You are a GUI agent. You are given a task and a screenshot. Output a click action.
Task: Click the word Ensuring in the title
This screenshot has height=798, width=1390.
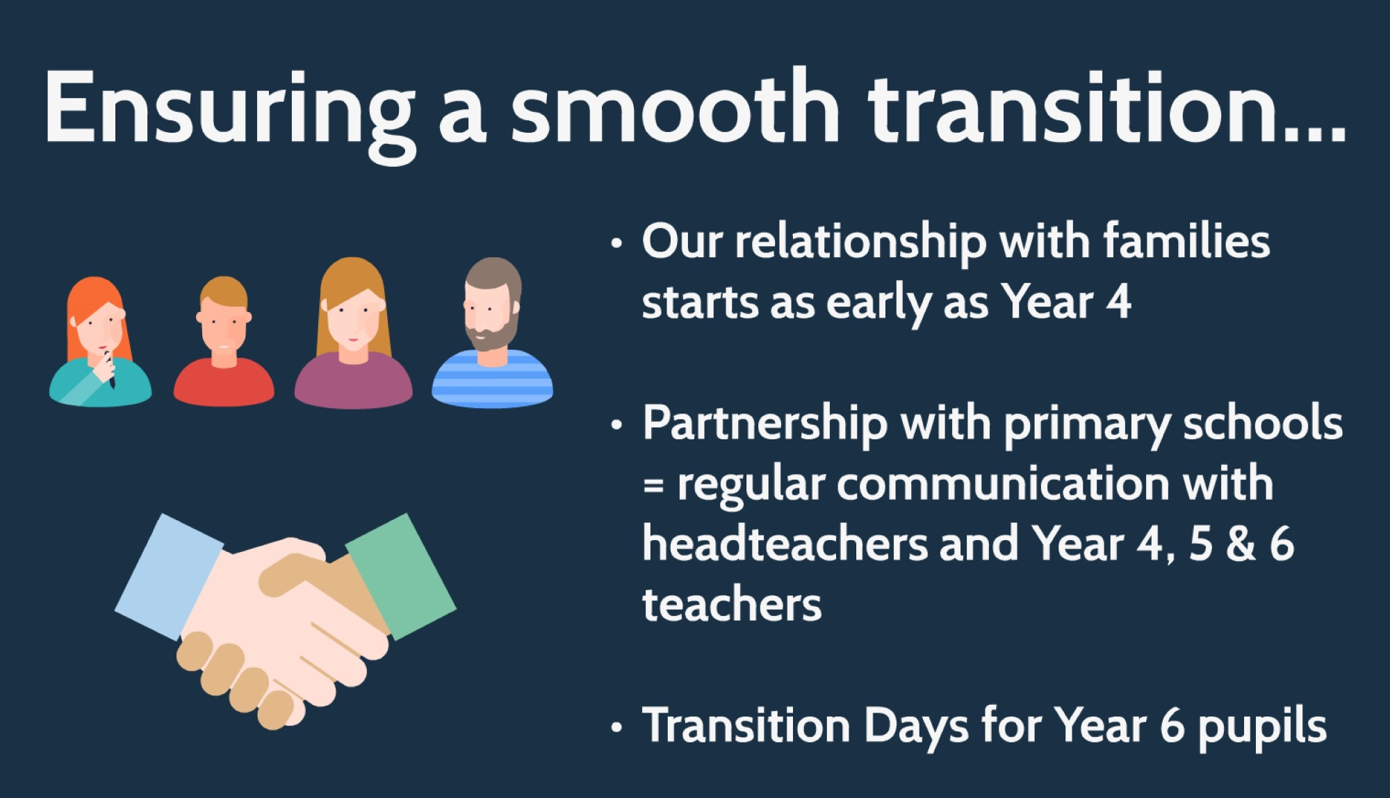coord(230,111)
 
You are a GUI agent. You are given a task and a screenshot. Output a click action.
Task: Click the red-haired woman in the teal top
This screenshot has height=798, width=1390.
coord(100,341)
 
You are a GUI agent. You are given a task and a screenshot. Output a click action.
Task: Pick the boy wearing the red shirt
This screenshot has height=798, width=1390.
coord(224,341)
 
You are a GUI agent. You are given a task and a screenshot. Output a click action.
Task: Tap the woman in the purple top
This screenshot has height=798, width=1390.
coord(353,333)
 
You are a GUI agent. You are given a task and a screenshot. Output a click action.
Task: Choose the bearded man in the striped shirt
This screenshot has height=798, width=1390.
coord(492,333)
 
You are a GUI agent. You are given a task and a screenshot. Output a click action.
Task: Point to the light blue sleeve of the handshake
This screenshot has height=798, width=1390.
coord(169,576)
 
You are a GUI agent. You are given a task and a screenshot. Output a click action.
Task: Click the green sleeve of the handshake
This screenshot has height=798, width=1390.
coord(401,576)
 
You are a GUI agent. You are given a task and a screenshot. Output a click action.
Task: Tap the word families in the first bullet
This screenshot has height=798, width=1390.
coord(1186,241)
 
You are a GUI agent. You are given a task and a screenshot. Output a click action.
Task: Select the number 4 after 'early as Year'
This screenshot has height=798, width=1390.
coord(1118,302)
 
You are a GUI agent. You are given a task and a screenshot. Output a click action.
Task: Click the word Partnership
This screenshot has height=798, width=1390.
coord(765,424)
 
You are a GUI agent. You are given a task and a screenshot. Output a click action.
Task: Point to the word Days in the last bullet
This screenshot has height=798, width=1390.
coord(916,726)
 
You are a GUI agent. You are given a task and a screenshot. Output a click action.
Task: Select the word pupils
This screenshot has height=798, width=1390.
coord(1262,727)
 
